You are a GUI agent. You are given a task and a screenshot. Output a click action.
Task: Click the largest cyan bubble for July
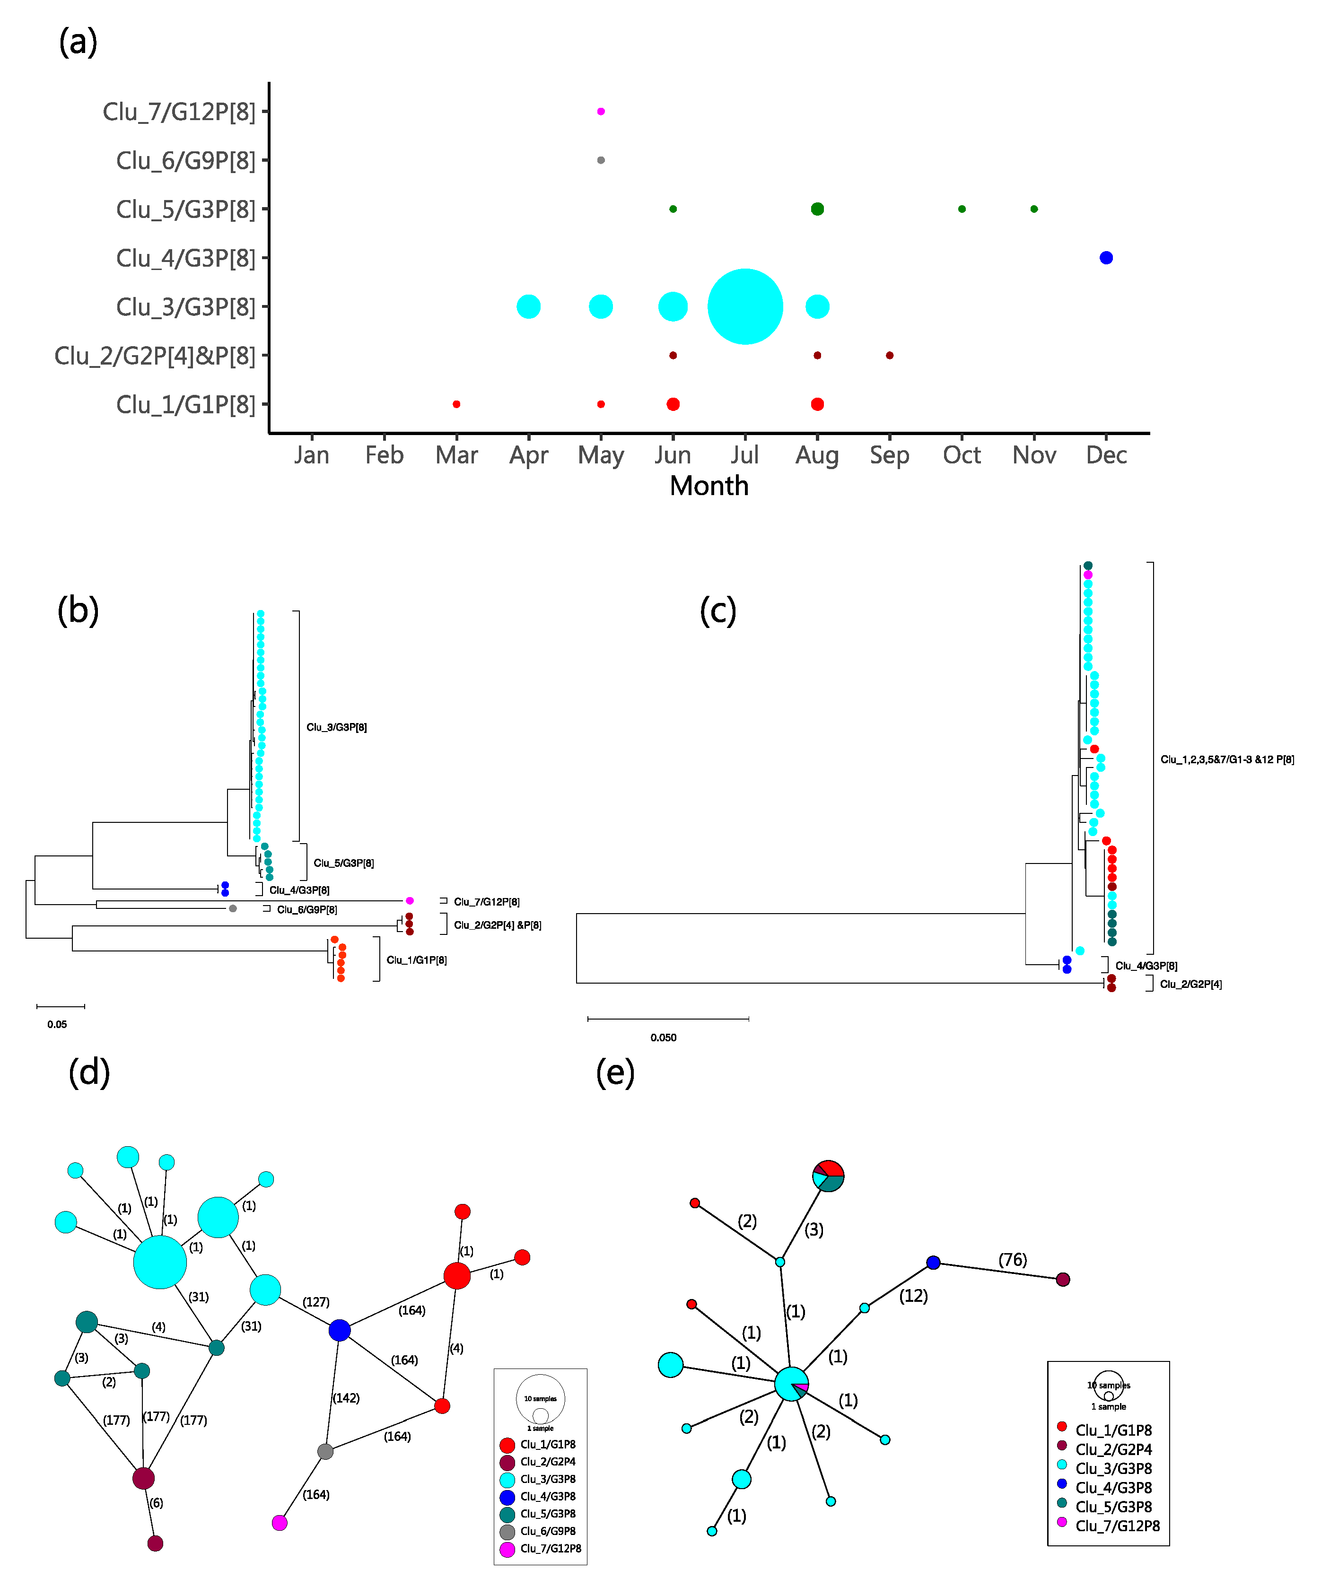click(744, 307)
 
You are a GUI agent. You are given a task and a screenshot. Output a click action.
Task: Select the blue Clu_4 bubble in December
click(1106, 258)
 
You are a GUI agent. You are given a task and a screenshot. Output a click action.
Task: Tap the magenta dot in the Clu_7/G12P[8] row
click(601, 111)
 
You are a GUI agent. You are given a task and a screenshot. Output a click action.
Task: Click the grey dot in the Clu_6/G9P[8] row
click(601, 160)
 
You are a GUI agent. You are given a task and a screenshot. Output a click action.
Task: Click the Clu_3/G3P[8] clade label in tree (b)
click(336, 727)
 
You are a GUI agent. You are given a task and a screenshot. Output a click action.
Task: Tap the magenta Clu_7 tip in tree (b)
click(410, 901)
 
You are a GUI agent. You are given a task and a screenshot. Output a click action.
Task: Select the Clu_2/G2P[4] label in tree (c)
click(1190, 984)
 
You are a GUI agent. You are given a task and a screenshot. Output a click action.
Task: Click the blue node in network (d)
click(339, 1330)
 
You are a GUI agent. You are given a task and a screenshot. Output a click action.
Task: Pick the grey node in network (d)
click(325, 1451)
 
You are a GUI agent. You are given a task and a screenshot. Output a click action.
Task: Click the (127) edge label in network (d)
click(316, 1302)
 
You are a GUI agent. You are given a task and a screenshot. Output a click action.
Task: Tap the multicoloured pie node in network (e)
click(828, 1176)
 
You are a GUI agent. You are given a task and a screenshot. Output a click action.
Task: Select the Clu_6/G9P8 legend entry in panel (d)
click(547, 1531)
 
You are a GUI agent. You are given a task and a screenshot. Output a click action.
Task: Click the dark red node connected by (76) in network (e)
click(1063, 1280)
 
